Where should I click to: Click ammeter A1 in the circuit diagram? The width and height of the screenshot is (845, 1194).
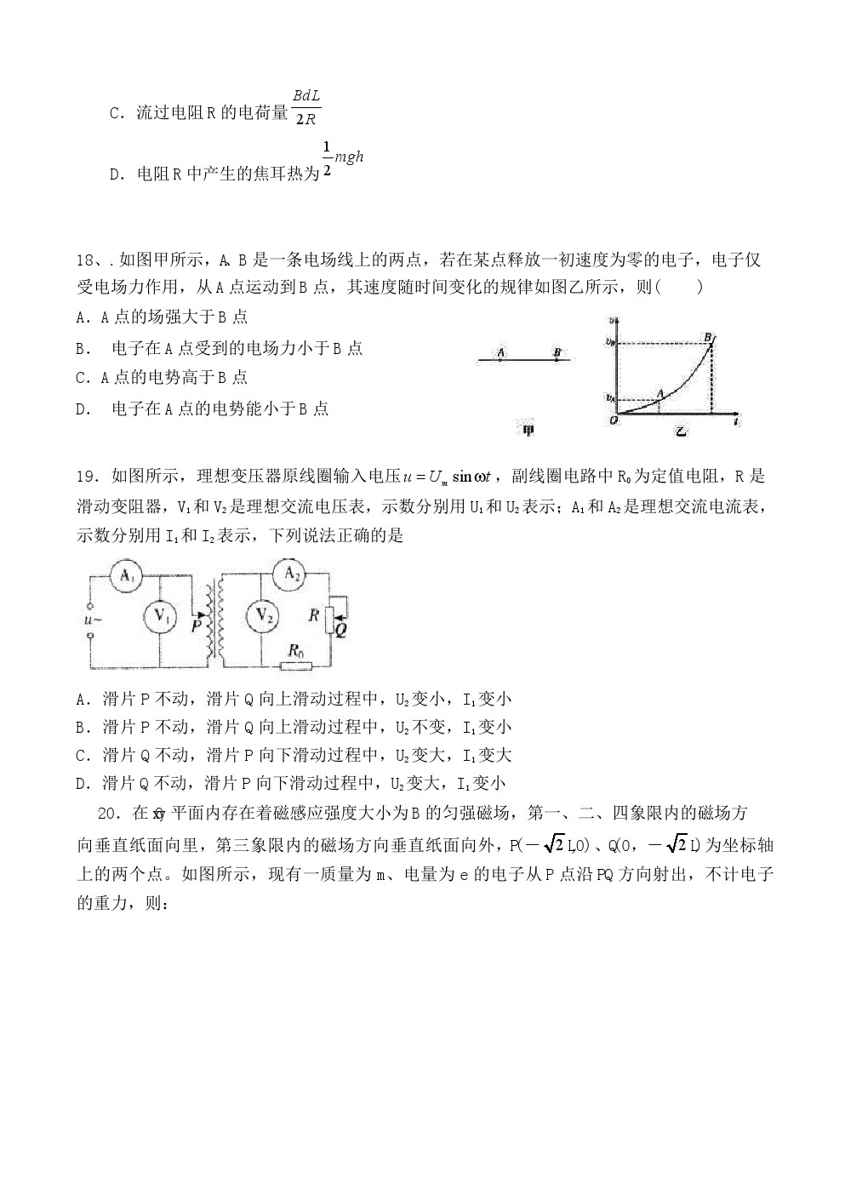click(127, 576)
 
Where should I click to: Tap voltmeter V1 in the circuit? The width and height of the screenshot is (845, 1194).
click(160, 615)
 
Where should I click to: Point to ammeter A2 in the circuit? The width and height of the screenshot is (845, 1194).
click(292, 574)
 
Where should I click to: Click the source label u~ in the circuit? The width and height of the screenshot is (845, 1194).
click(93, 620)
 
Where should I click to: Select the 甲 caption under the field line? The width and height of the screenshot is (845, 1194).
click(528, 431)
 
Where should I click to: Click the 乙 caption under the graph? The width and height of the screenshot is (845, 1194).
click(680, 431)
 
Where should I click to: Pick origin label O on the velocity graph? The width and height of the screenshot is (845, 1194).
click(613, 421)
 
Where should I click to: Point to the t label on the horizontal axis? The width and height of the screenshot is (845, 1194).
click(734, 421)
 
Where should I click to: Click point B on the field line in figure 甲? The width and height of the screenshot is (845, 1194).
click(557, 351)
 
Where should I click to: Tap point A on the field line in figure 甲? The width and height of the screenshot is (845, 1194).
click(500, 351)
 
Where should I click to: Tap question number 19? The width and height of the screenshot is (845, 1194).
click(87, 477)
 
